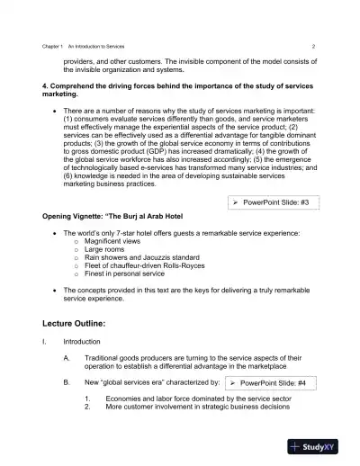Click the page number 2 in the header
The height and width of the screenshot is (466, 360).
312,45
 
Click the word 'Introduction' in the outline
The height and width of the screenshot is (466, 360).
81,343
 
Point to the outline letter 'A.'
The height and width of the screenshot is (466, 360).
67,358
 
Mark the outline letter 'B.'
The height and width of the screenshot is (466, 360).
67,382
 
